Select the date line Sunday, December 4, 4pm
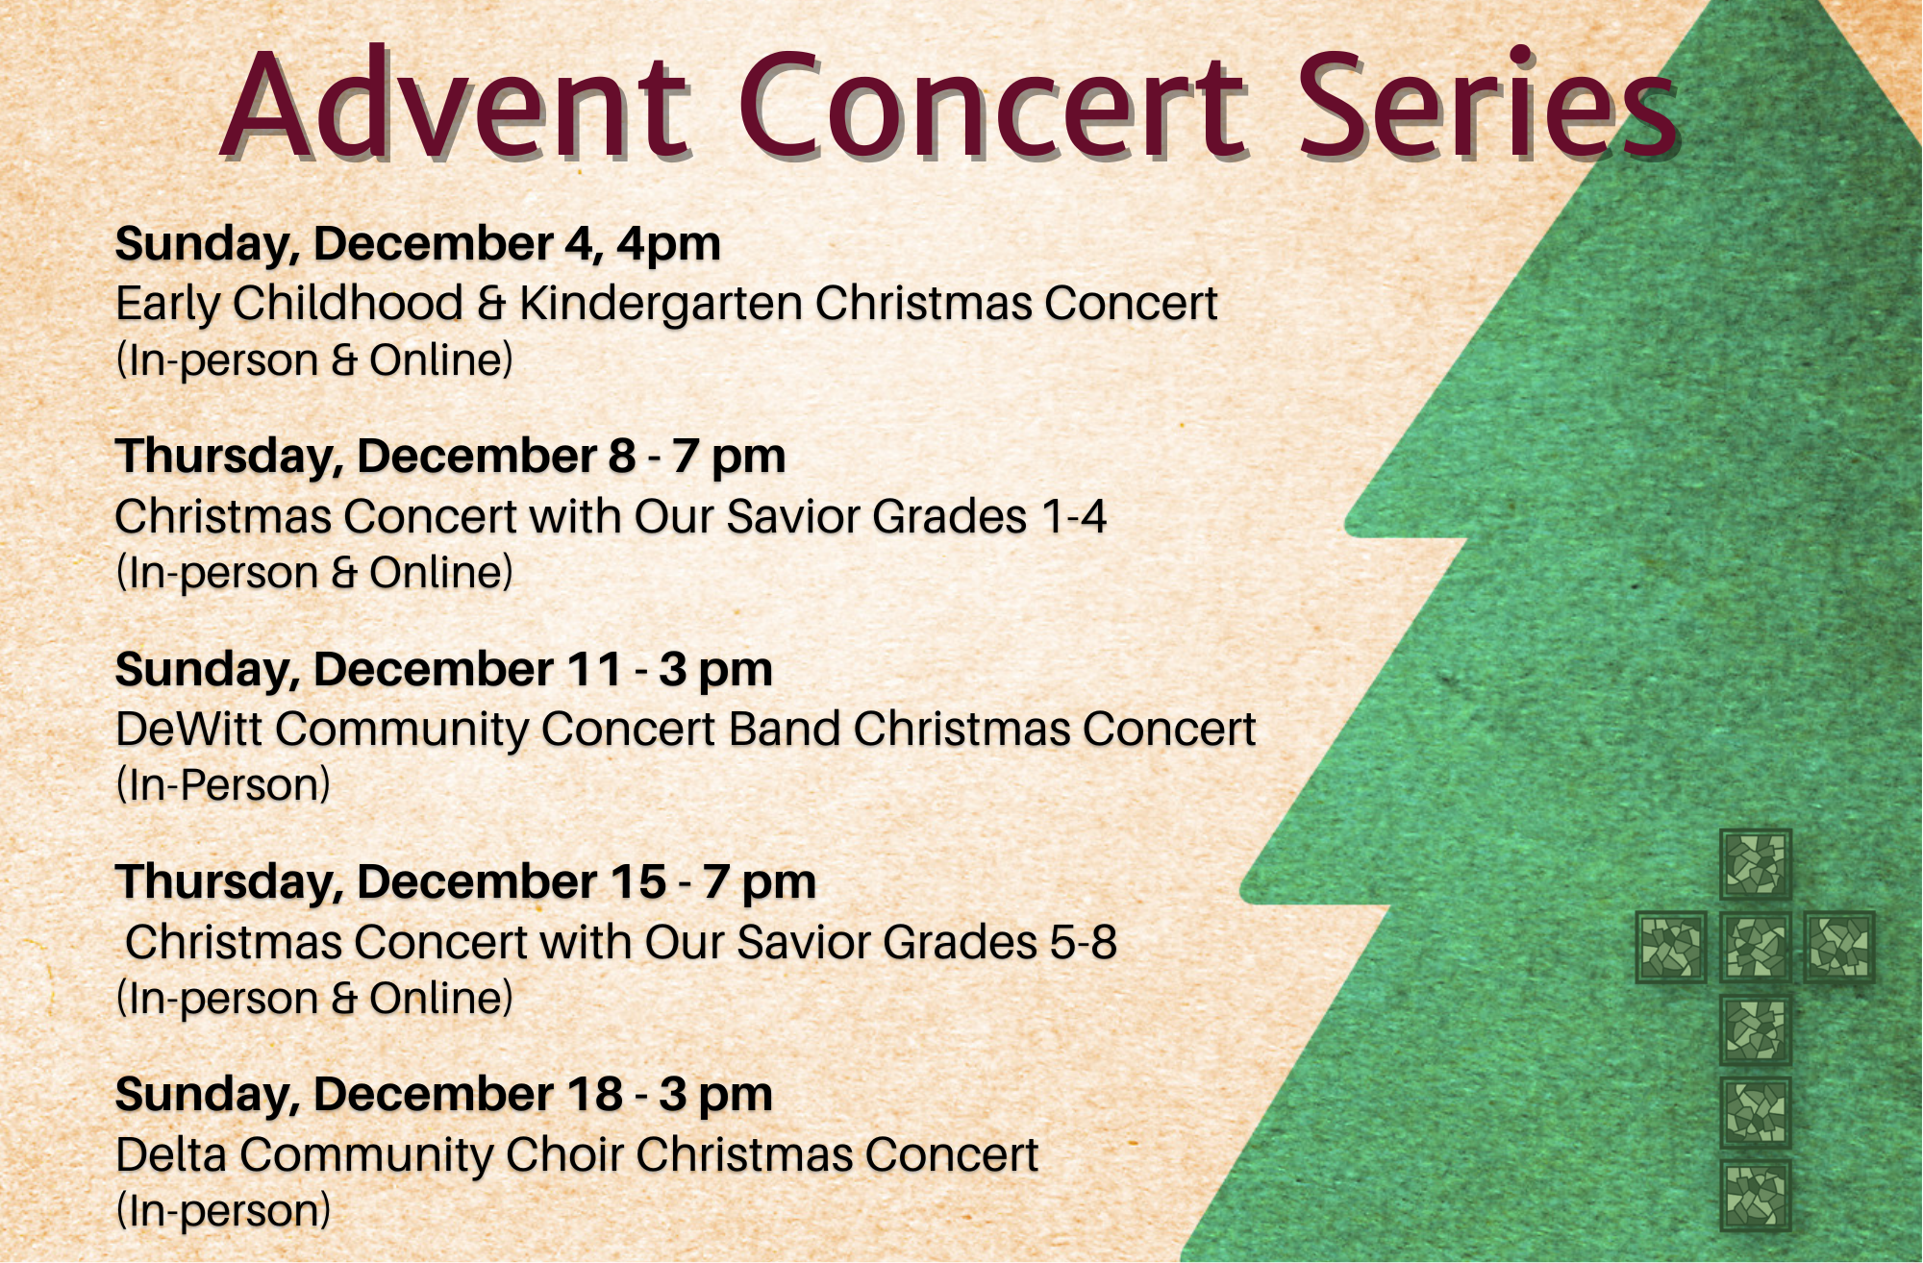click(418, 244)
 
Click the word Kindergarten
click(662, 304)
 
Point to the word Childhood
click(349, 304)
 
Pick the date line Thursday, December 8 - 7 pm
click(450, 457)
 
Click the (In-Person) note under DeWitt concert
click(223, 785)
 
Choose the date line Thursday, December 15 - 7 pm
click(465, 882)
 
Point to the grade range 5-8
click(1083, 943)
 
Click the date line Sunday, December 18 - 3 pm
click(444, 1095)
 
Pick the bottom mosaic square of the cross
click(1756, 1196)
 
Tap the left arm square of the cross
click(1672, 948)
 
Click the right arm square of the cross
click(1839, 948)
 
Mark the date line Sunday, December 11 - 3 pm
click(444, 670)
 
